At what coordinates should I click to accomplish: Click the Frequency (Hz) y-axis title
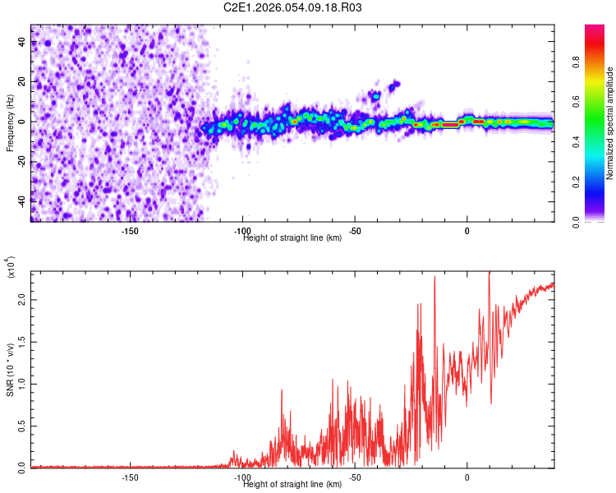pyautogui.click(x=10, y=122)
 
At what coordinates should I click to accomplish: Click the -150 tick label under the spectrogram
pyautogui.click(x=129, y=231)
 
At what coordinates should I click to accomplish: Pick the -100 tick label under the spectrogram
pyautogui.click(x=242, y=231)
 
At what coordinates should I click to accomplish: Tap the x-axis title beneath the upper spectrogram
pyautogui.click(x=292, y=238)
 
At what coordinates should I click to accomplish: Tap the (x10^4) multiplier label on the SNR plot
pyautogui.click(x=11, y=268)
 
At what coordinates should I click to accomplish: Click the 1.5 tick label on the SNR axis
pyautogui.click(x=22, y=342)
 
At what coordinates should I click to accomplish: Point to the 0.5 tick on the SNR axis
pyautogui.click(x=22, y=426)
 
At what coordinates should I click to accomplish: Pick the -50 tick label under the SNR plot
pyautogui.click(x=355, y=477)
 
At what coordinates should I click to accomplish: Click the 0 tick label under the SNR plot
pyautogui.click(x=467, y=477)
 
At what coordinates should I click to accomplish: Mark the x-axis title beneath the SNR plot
pyautogui.click(x=292, y=485)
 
